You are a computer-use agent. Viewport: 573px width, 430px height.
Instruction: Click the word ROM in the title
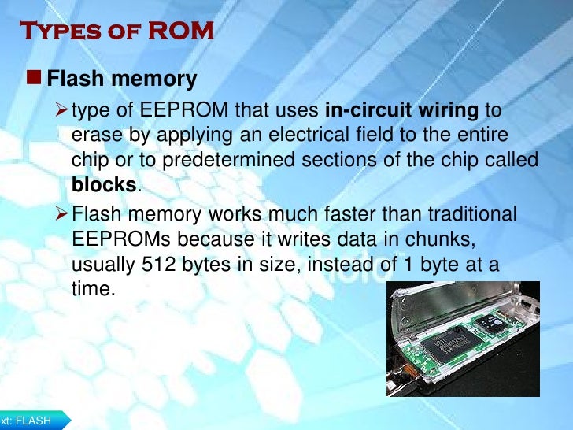(x=183, y=31)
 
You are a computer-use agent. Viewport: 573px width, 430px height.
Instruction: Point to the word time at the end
(x=91, y=290)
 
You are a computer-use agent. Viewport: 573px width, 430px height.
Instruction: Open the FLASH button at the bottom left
(x=31, y=421)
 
